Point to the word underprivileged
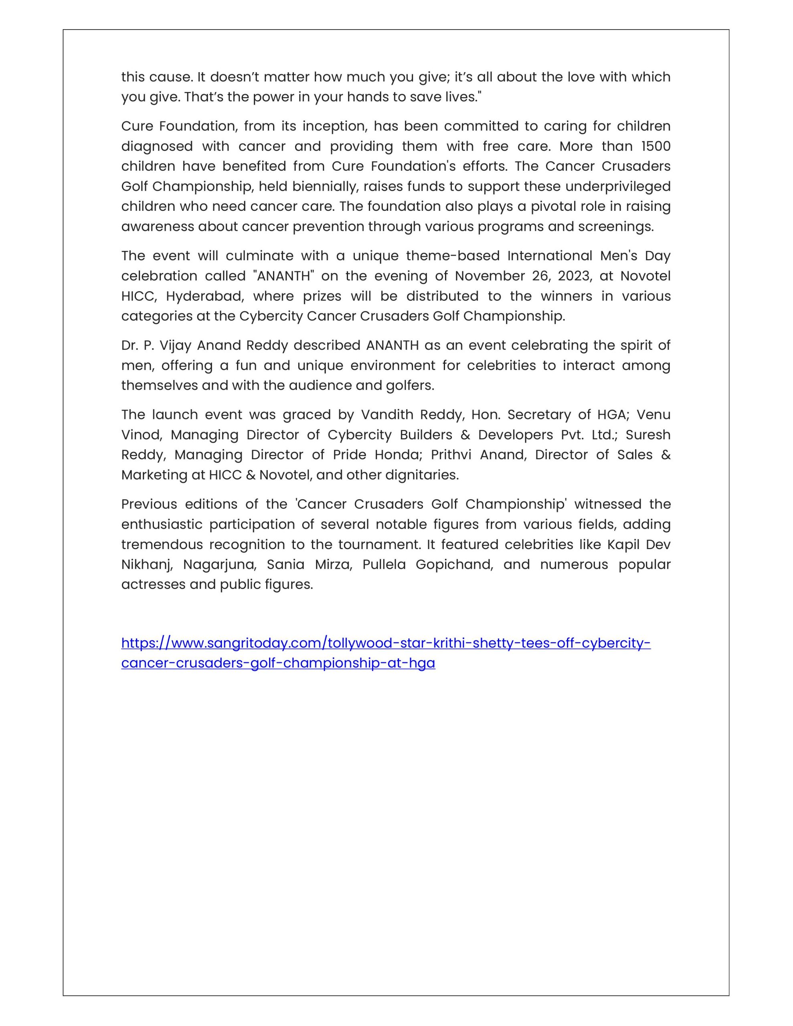point(618,186)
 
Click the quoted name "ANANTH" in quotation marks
point(283,276)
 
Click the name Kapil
point(622,545)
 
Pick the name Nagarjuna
point(220,565)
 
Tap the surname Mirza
point(333,565)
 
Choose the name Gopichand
point(454,565)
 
